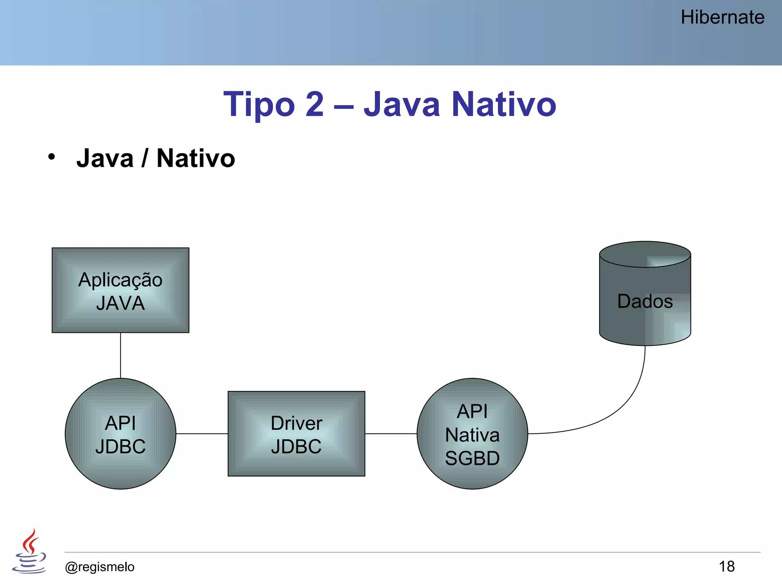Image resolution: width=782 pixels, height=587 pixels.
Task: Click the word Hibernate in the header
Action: pos(722,18)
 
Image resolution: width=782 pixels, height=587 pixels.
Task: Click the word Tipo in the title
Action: pos(259,105)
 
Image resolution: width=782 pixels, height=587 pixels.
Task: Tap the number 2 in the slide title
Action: pos(315,104)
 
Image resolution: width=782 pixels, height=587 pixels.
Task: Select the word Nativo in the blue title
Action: pos(504,104)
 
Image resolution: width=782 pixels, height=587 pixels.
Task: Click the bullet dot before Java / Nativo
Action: pos(52,157)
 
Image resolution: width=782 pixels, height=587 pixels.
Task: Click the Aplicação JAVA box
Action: pos(120,290)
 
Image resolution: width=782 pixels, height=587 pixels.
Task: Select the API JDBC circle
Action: pos(120,434)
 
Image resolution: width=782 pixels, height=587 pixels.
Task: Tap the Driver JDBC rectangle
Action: pos(296,434)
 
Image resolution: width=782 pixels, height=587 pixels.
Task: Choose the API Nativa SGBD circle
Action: pos(472,434)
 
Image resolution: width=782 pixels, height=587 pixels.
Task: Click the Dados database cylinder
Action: pos(645,302)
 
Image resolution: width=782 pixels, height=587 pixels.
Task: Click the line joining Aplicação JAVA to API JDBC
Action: pos(121,355)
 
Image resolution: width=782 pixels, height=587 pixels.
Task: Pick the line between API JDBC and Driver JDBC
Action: pos(202,434)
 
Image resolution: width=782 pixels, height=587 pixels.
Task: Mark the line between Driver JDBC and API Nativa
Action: pos(391,434)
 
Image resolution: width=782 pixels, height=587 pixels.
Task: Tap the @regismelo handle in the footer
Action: pos(100,567)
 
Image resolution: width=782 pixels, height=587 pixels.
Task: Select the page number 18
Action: pos(727,566)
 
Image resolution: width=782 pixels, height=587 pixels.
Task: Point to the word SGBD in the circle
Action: pos(472,458)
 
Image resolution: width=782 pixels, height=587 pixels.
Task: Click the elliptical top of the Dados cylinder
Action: pos(645,254)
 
